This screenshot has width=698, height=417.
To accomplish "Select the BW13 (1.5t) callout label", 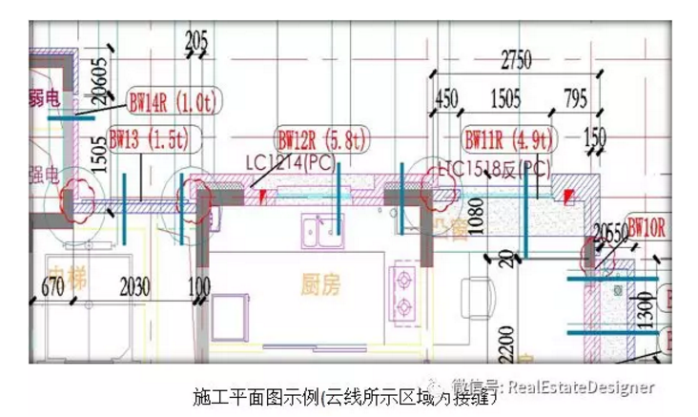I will [x=148, y=138].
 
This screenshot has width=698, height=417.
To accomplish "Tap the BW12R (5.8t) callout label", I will [x=319, y=139].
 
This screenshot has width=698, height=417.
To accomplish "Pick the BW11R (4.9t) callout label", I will [x=506, y=139].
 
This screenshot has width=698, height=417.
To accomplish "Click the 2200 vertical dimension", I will [x=506, y=338].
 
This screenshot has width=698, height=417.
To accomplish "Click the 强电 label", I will [x=44, y=175].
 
